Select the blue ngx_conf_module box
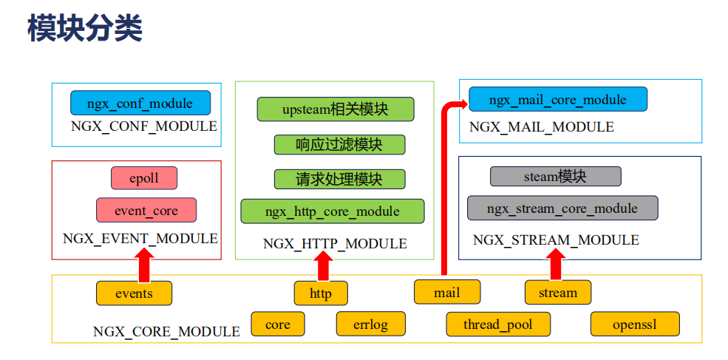(x=140, y=103)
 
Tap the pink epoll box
(x=145, y=178)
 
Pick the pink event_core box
(x=146, y=211)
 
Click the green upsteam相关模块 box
(x=335, y=109)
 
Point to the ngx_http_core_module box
(x=333, y=211)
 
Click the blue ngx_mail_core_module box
(x=558, y=100)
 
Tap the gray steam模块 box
(x=555, y=177)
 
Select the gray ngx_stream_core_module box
(x=562, y=208)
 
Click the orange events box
(x=134, y=293)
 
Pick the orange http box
(x=321, y=293)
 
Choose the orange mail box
(x=446, y=293)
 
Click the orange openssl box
(x=634, y=325)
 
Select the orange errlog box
(x=370, y=325)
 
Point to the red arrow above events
(x=145, y=265)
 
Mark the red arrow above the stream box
(x=557, y=265)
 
